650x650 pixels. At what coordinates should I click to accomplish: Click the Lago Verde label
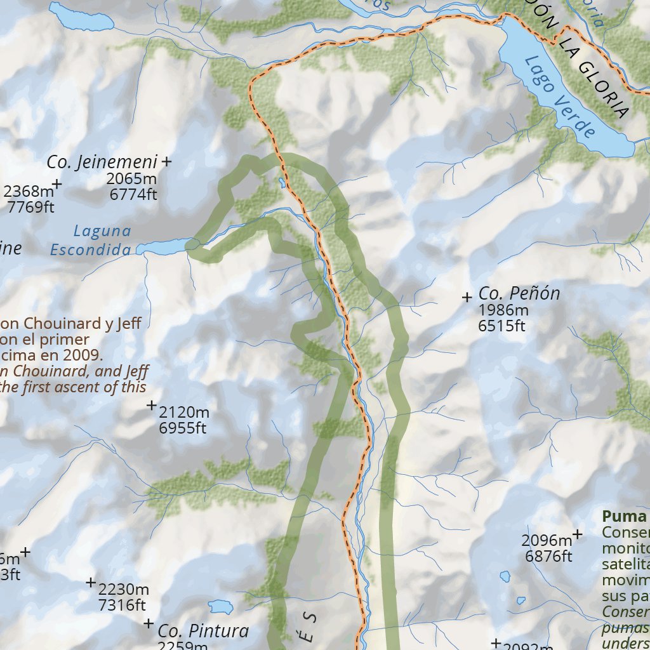click(x=561, y=96)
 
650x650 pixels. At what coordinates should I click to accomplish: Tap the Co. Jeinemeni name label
click(x=102, y=162)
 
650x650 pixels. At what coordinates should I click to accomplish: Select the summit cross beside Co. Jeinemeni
click(x=166, y=162)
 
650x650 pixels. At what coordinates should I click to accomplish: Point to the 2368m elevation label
click(x=29, y=191)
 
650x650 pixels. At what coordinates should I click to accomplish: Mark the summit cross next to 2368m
click(x=57, y=184)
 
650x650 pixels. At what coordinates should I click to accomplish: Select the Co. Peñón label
click(x=519, y=294)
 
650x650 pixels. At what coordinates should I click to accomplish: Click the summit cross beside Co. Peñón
click(x=467, y=296)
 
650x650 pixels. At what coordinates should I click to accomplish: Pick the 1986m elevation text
click(x=503, y=310)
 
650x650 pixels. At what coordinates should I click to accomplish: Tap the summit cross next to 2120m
click(x=152, y=405)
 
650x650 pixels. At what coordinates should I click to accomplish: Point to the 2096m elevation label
click(x=547, y=541)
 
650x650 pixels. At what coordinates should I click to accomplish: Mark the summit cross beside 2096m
click(x=578, y=534)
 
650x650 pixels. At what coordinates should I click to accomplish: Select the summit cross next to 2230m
click(x=91, y=582)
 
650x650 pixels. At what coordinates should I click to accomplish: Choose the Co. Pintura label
click(x=203, y=631)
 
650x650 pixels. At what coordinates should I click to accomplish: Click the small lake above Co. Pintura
click(x=221, y=606)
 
